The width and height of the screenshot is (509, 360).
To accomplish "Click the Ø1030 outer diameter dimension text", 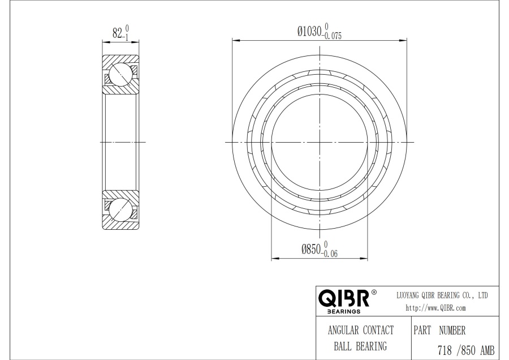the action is [x=309, y=32].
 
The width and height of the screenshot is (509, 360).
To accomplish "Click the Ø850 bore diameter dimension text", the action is [x=311, y=249].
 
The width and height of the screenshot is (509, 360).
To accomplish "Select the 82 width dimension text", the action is [x=117, y=33].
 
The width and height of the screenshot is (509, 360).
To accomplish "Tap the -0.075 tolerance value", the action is [x=332, y=36].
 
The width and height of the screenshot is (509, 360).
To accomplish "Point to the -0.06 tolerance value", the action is [x=330, y=254].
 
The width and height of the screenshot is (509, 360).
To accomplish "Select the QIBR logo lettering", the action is [x=344, y=298].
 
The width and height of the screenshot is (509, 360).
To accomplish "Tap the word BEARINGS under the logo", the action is [x=344, y=311].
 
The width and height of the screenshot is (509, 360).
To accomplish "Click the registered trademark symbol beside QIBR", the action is [x=374, y=292].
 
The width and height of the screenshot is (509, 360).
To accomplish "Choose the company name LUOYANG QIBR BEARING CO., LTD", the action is [x=442, y=295].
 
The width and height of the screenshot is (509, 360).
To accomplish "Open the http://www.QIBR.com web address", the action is [x=435, y=308].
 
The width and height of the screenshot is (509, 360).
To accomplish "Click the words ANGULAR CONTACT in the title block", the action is [x=361, y=331].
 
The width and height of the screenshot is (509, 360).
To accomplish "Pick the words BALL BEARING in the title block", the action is [x=360, y=346].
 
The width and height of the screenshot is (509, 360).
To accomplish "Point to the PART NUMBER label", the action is [x=439, y=331].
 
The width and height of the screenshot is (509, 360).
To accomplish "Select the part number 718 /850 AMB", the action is [x=466, y=350].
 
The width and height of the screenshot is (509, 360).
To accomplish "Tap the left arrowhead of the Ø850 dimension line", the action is [x=275, y=259].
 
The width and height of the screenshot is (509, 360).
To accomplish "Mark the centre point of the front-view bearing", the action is [x=320, y=142].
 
